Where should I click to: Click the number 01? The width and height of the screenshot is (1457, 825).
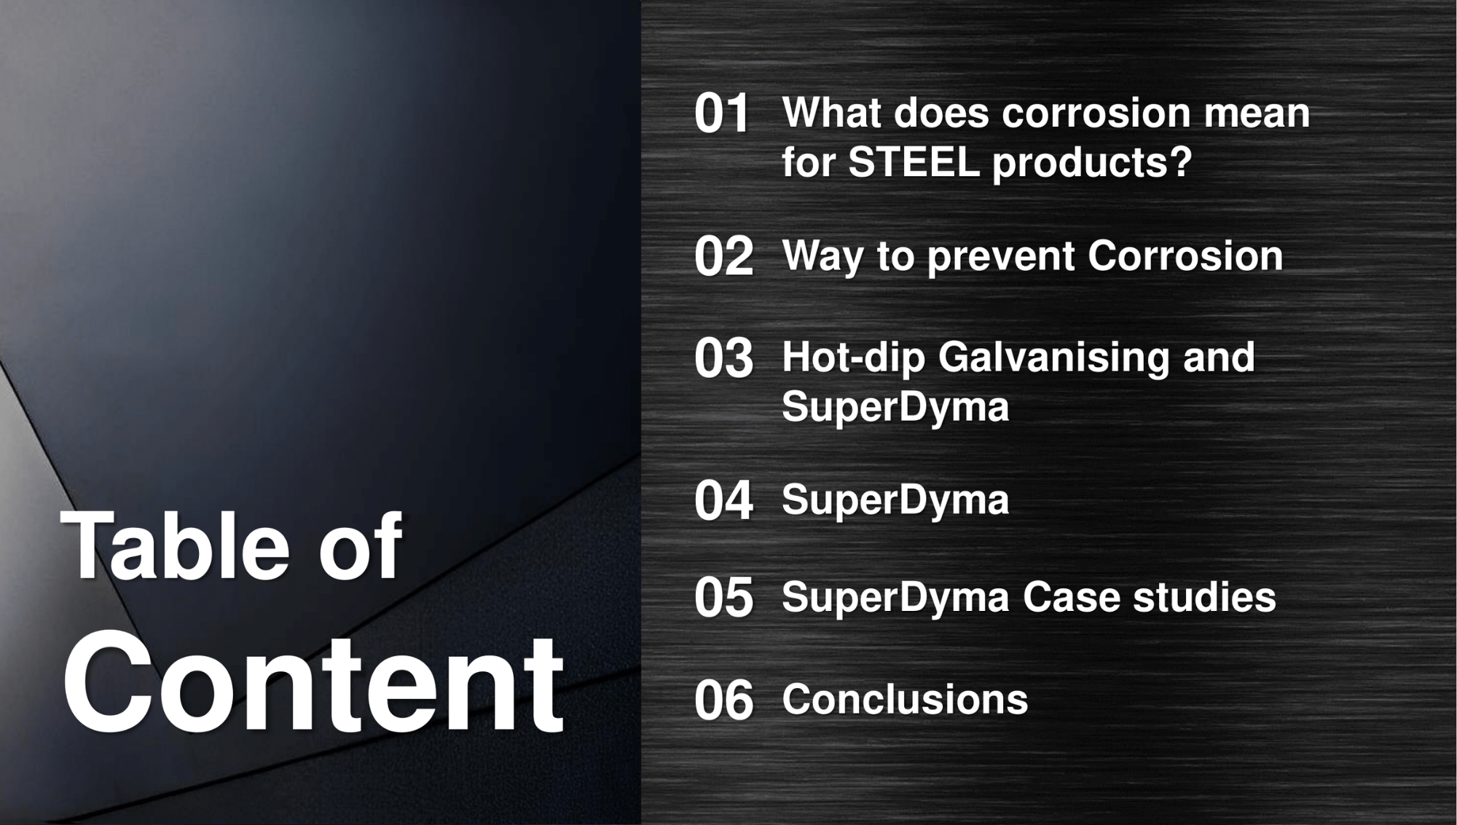pyautogui.click(x=722, y=114)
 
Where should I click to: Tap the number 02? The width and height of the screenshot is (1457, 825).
pyautogui.click(x=723, y=256)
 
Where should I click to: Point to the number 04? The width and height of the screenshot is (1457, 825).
pyautogui.click(x=723, y=501)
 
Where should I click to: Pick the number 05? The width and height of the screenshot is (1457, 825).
pyautogui.click(x=723, y=598)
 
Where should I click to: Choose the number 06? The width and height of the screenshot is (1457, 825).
pyautogui.click(x=723, y=700)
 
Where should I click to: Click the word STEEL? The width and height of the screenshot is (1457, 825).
pyautogui.click(x=914, y=161)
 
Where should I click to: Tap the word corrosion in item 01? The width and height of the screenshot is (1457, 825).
pyautogui.click(x=1096, y=113)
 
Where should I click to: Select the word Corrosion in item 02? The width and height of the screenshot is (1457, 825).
pyautogui.click(x=1185, y=256)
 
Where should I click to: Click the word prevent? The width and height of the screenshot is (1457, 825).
pyautogui.click(x=1001, y=258)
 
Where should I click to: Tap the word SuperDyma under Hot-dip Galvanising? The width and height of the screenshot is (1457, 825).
pyautogui.click(x=895, y=407)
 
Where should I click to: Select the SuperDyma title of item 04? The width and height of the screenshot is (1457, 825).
pyautogui.click(x=895, y=500)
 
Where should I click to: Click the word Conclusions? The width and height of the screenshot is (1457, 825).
pyautogui.click(x=905, y=699)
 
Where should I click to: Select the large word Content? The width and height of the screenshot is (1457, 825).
pyautogui.click(x=313, y=682)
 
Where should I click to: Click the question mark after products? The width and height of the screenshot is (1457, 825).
pyautogui.click(x=1179, y=161)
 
